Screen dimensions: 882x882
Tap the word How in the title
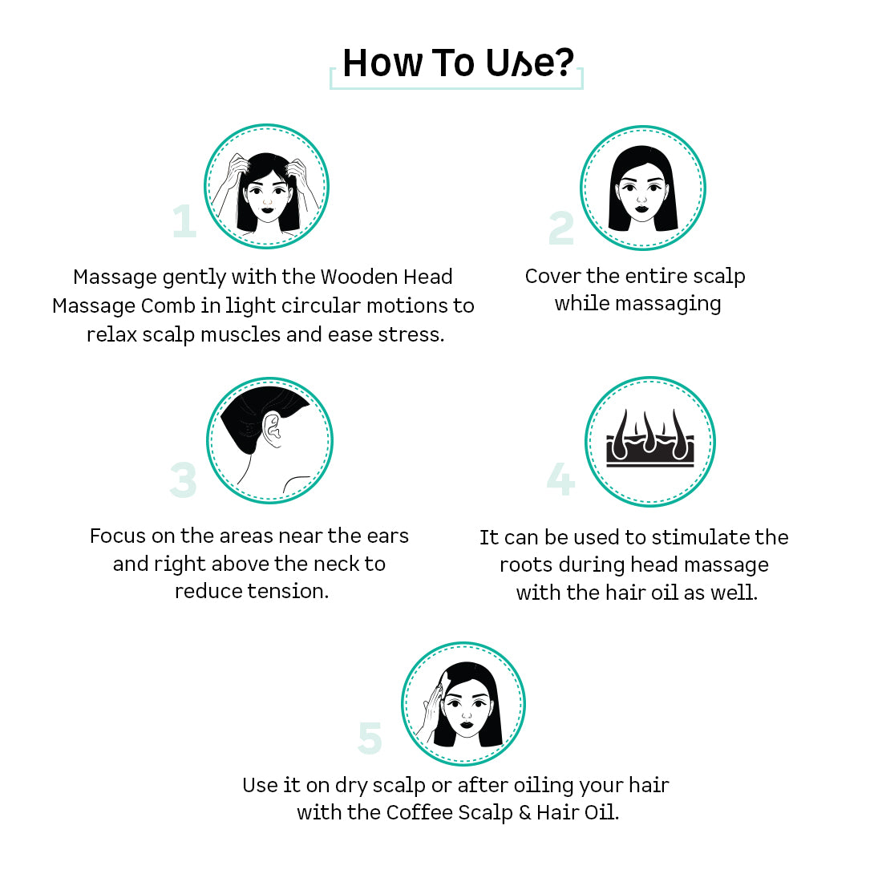[x=382, y=63]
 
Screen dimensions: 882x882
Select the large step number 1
[x=184, y=221]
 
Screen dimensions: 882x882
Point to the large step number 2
[x=561, y=228]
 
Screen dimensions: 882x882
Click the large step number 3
[x=184, y=480]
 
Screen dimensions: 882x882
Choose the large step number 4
[x=560, y=479]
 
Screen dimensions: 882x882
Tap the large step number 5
[x=370, y=738]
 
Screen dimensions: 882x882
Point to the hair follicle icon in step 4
[x=650, y=439]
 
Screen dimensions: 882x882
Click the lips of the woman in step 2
[x=641, y=209]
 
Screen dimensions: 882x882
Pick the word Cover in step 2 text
[x=552, y=276]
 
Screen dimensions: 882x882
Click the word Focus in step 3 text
[x=118, y=536]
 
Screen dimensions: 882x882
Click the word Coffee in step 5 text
[x=419, y=812]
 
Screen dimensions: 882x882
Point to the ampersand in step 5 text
[x=524, y=813]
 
